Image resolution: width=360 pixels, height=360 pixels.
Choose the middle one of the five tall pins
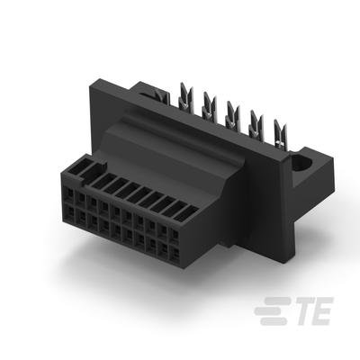[x=232, y=115]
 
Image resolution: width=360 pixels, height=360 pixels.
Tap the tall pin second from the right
[x=256, y=124]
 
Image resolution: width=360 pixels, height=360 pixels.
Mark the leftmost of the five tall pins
[x=185, y=96]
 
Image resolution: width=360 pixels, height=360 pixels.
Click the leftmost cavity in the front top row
[x=69, y=193]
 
